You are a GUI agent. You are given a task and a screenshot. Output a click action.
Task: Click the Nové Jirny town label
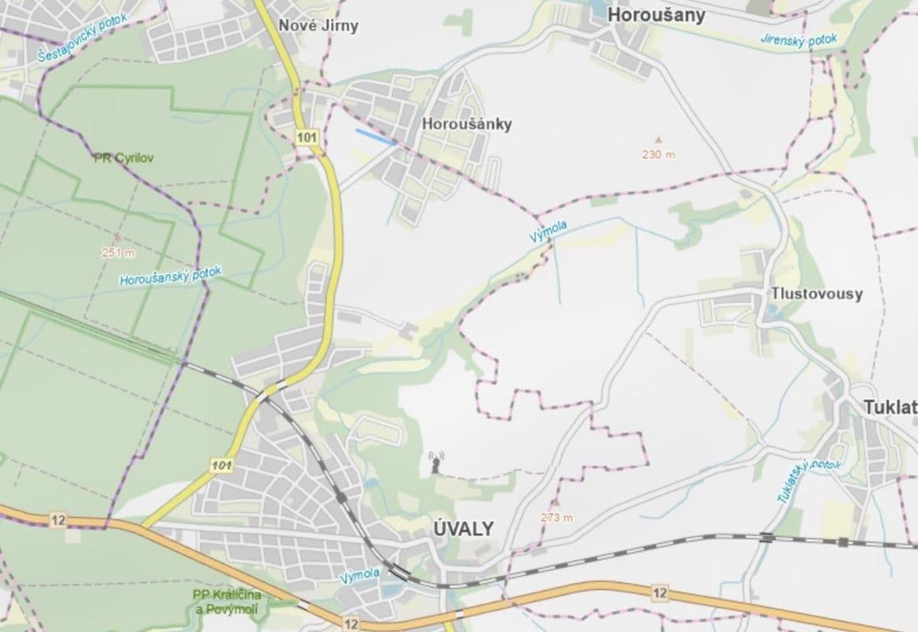(x=318, y=25)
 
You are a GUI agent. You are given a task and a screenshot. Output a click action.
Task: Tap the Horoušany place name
(x=657, y=15)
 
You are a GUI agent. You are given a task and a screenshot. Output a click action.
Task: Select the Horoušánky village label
(x=467, y=124)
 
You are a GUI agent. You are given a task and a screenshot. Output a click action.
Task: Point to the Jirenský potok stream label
(x=798, y=39)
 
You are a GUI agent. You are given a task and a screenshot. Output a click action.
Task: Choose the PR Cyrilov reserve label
(x=124, y=157)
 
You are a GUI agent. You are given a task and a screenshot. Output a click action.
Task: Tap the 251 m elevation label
(x=119, y=253)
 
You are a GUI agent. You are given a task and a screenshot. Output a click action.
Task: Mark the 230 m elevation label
(x=659, y=154)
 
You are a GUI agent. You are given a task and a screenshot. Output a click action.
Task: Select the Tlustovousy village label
(x=818, y=294)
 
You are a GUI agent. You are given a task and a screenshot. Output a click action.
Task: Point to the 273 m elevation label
(x=557, y=517)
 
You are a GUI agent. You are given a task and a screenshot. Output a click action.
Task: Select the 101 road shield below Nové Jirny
(x=307, y=138)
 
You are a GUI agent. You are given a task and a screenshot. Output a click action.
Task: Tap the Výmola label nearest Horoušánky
(x=548, y=232)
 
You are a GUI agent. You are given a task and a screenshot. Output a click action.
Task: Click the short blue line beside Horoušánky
(x=375, y=137)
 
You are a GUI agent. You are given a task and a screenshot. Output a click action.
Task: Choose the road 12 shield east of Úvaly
(x=660, y=592)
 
